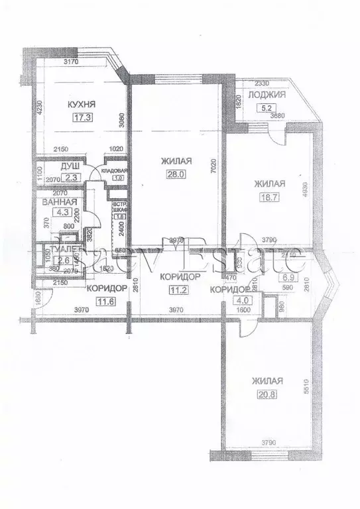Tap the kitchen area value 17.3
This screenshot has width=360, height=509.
pos(83,119)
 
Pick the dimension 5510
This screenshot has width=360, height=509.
pos(306,388)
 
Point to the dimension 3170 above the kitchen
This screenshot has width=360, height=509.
pos(71,62)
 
